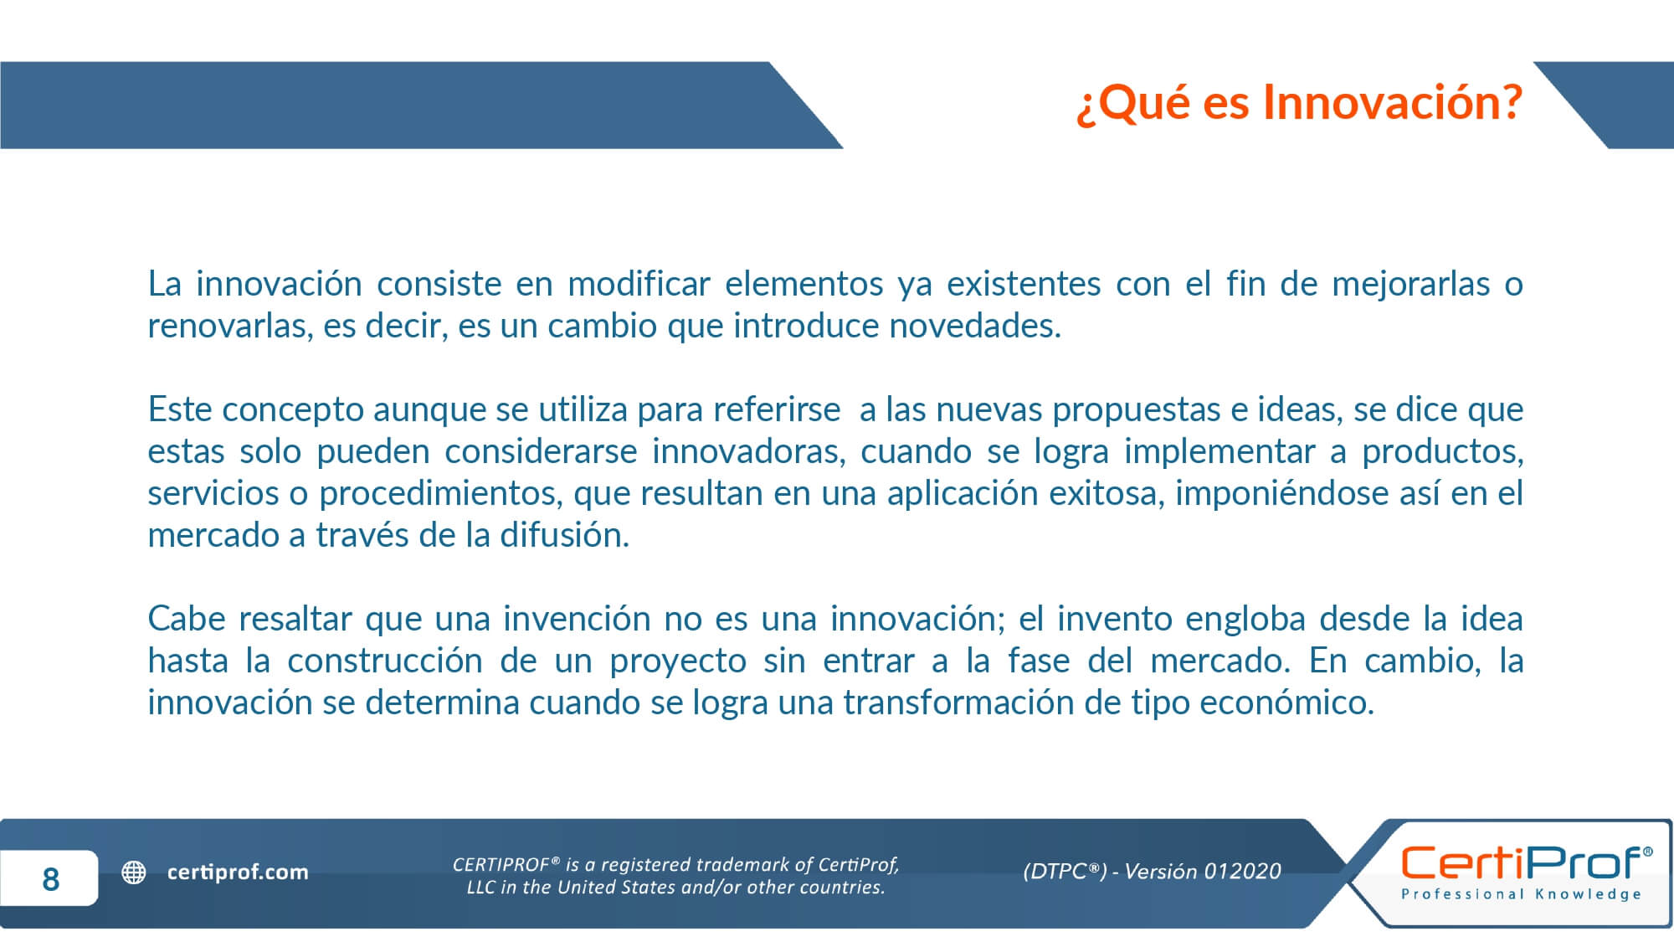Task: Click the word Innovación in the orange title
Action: click(1392, 102)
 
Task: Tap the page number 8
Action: click(50, 878)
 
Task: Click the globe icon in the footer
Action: click(134, 873)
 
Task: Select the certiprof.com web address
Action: click(238, 873)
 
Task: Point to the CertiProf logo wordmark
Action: click(1526, 862)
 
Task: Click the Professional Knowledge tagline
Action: click(1522, 894)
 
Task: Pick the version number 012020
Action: click(1242, 872)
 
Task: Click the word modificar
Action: click(639, 284)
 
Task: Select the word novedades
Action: click(975, 326)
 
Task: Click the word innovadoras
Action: click(749, 451)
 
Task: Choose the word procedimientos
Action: click(441, 494)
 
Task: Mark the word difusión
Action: click(564, 535)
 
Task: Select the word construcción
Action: click(385, 661)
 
